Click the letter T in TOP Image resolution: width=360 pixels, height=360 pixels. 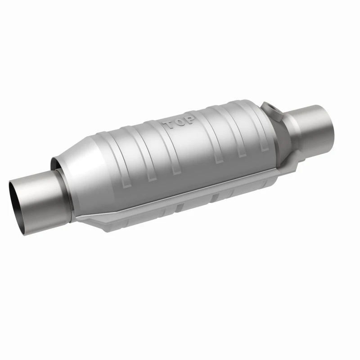tap(168, 125)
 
